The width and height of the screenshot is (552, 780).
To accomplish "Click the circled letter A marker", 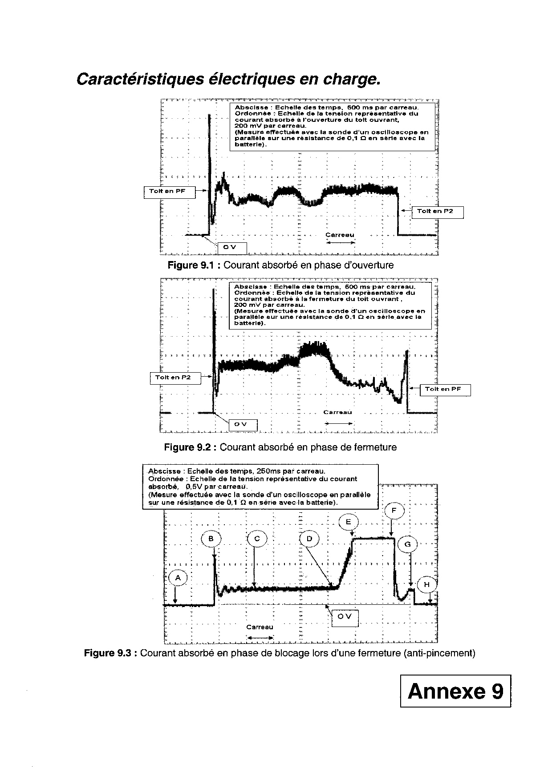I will [178, 578].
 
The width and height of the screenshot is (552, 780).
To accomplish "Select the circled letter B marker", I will [211, 539].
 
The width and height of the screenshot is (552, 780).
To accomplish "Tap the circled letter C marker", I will [256, 539].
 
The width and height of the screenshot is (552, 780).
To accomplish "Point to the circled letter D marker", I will [309, 539].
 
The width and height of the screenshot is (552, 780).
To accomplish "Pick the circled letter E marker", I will [348, 522].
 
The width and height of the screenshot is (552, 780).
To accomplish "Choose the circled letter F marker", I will [394, 511].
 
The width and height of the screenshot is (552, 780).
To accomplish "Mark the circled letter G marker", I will [408, 544].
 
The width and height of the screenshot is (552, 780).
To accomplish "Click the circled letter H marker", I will [427, 584].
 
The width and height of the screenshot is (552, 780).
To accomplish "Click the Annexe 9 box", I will [455, 691].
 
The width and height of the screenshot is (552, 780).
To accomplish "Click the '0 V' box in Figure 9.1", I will [232, 248].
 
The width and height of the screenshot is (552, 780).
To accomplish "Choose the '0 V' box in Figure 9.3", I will [345, 617].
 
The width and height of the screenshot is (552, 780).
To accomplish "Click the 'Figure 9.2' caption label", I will [190, 447].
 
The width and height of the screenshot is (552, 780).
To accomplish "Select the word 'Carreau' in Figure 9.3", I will [260, 627].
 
